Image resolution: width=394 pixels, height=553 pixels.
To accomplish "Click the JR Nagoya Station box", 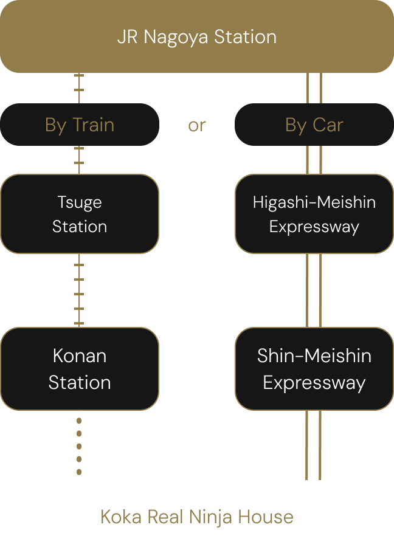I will [196, 36].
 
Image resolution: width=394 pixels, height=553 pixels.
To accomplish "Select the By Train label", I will [80, 125].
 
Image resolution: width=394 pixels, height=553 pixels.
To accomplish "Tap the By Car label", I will [314, 125].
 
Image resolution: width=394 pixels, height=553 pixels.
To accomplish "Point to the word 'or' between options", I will [197, 125].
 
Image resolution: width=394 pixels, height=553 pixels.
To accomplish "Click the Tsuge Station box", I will [80, 214].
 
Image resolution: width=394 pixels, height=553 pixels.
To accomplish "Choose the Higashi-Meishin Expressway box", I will [314, 214].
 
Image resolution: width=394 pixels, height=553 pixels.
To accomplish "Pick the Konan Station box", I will [80, 369].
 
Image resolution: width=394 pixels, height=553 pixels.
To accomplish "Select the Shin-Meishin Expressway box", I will [314, 369].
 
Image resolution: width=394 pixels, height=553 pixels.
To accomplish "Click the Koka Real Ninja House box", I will [196, 517].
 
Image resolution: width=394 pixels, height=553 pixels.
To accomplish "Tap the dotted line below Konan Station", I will [79, 445].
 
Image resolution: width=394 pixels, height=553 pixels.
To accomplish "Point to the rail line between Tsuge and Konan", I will [79, 290].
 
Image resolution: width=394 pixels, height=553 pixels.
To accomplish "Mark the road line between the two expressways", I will [314, 290].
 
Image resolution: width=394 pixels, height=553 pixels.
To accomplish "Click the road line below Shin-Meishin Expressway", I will [314, 445].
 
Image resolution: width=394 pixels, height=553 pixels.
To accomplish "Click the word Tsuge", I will [80, 202].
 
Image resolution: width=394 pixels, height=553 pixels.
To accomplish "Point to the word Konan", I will [80, 355].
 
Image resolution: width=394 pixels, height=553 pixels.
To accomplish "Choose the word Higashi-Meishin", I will [314, 202].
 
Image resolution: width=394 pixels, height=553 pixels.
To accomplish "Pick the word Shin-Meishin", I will [314, 355].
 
